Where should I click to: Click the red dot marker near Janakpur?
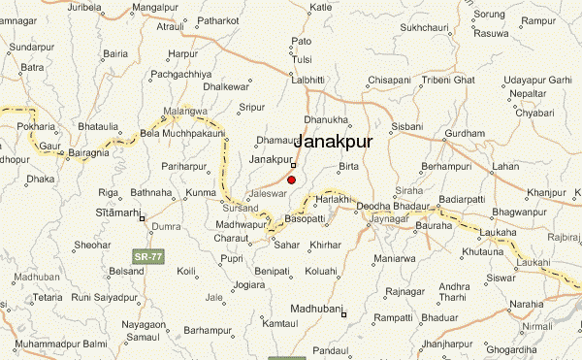click(291, 180)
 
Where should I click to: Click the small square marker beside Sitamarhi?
click(143, 218)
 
